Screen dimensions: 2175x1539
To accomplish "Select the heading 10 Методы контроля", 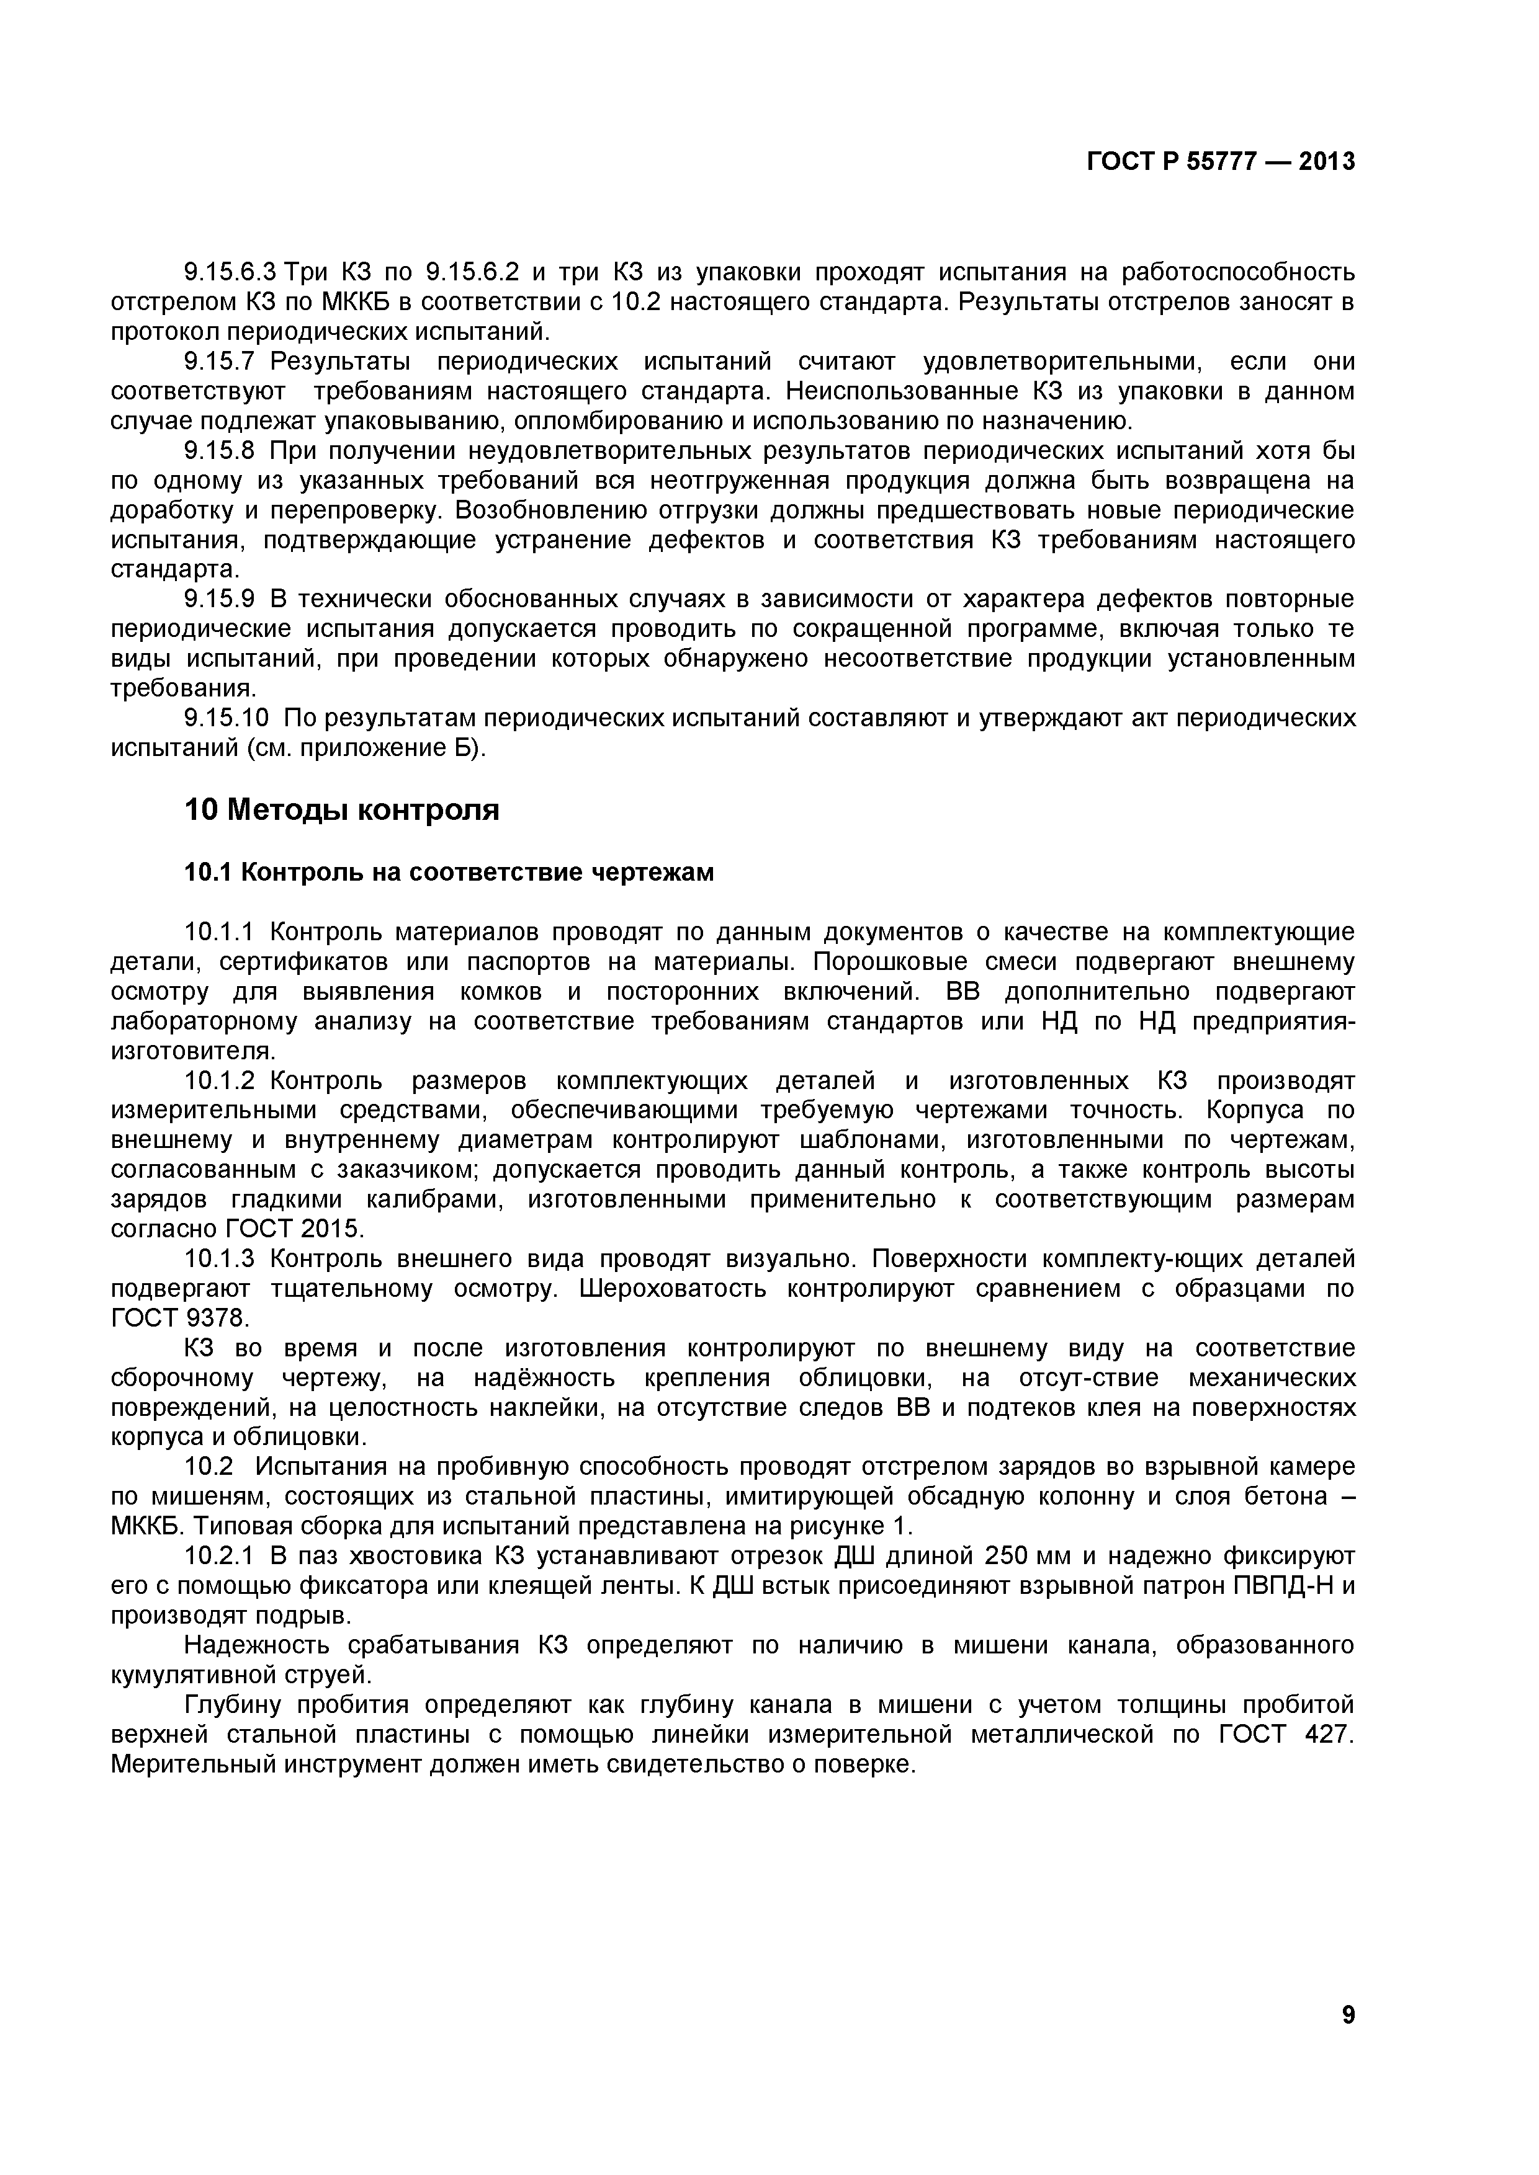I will coord(341,810).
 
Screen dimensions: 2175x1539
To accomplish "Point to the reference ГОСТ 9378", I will coord(179,1319).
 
